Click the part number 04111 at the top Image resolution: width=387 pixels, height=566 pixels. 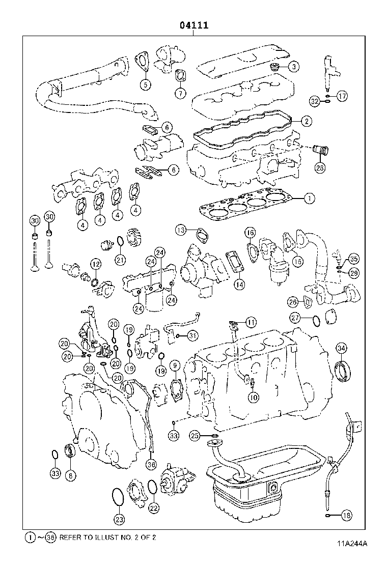pos(193,25)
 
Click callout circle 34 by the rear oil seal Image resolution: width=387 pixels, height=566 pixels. pos(341,348)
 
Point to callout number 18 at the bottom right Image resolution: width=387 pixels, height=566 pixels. pos(346,516)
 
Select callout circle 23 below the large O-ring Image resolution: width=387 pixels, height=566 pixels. pos(118,519)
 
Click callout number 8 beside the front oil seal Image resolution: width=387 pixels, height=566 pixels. pos(70,474)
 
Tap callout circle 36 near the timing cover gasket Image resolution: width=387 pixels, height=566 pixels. pos(151,464)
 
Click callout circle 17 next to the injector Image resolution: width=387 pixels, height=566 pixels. pos(342,96)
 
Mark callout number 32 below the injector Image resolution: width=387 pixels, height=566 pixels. pos(315,102)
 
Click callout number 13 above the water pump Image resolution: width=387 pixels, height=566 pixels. pos(181,230)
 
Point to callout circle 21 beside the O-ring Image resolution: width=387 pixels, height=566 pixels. pos(120,260)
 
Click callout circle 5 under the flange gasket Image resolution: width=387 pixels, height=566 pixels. pos(145,84)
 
